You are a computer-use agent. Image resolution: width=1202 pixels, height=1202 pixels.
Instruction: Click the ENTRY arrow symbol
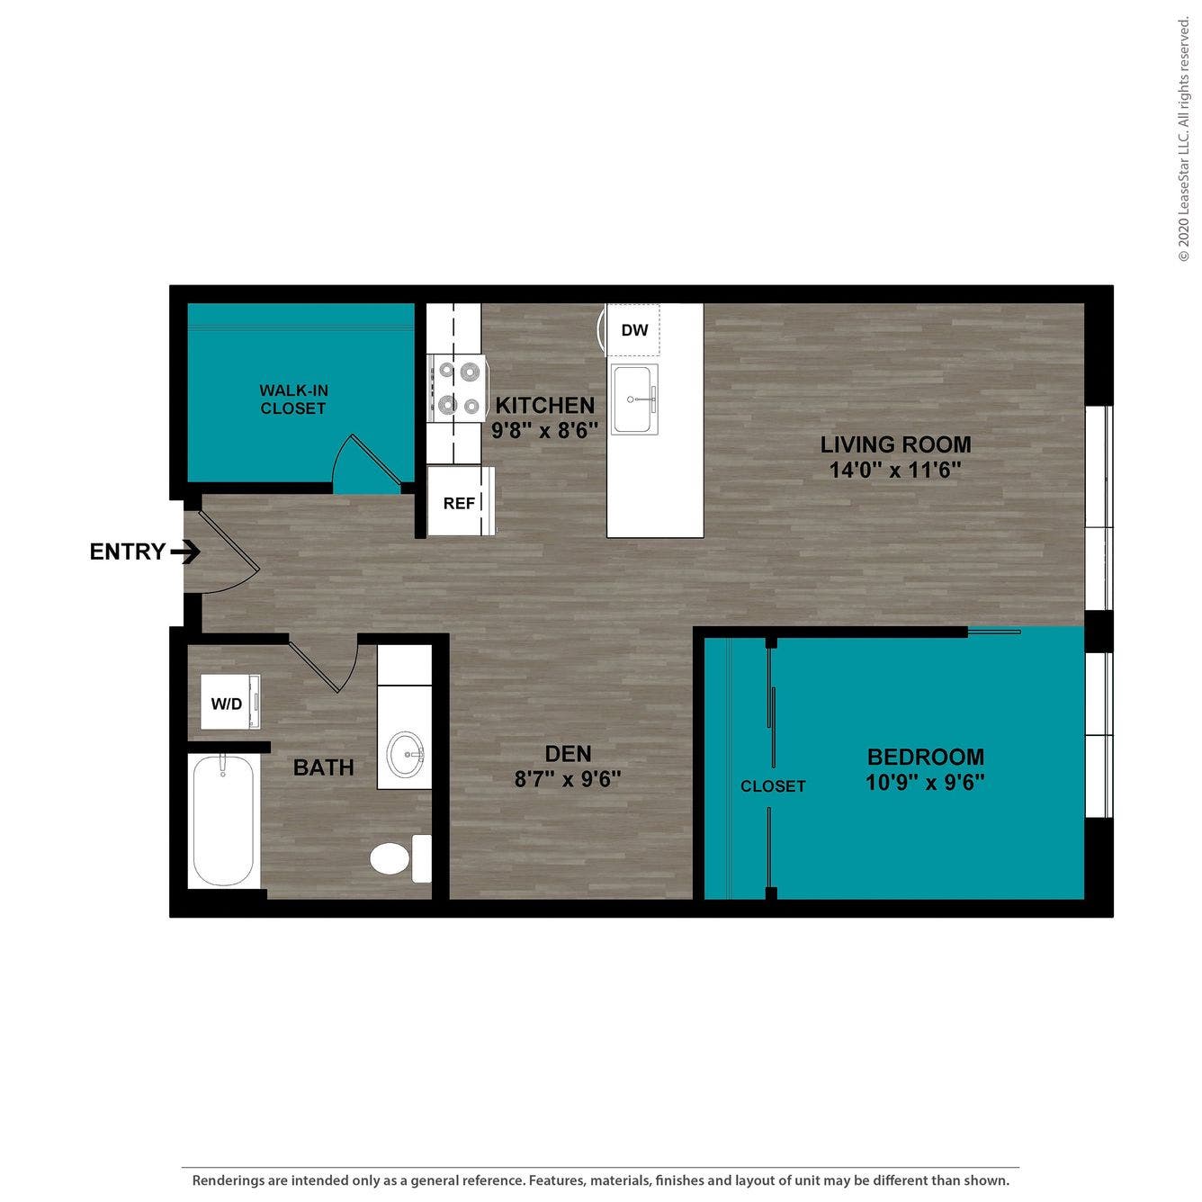click(x=187, y=552)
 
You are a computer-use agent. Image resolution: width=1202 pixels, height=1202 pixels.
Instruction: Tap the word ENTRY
click(x=128, y=552)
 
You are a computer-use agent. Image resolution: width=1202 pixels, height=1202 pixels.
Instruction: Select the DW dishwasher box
click(x=634, y=330)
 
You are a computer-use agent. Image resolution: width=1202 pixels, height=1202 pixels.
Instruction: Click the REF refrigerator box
click(x=460, y=502)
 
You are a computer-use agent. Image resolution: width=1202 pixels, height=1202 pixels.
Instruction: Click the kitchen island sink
click(x=634, y=399)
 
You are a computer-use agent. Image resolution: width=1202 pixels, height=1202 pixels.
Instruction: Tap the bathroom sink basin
click(x=405, y=754)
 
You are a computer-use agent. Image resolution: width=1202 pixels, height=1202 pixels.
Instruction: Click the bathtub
click(x=223, y=821)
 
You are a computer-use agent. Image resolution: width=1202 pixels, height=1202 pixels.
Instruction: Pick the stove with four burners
click(x=457, y=388)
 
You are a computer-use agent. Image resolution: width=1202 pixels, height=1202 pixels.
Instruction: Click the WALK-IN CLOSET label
click(x=293, y=399)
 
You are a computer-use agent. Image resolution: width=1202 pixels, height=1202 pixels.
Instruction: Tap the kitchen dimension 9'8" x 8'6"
click(x=545, y=430)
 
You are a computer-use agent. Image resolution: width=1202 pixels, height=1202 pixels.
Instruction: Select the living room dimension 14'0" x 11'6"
click(x=895, y=470)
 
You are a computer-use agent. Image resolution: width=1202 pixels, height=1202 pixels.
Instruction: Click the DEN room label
click(x=568, y=754)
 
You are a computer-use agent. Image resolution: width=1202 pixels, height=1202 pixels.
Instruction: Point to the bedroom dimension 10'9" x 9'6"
click(x=925, y=782)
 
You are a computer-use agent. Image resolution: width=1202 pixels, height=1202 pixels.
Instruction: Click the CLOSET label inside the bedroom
click(x=773, y=786)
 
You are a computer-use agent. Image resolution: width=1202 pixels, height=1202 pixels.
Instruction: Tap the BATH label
click(x=323, y=767)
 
